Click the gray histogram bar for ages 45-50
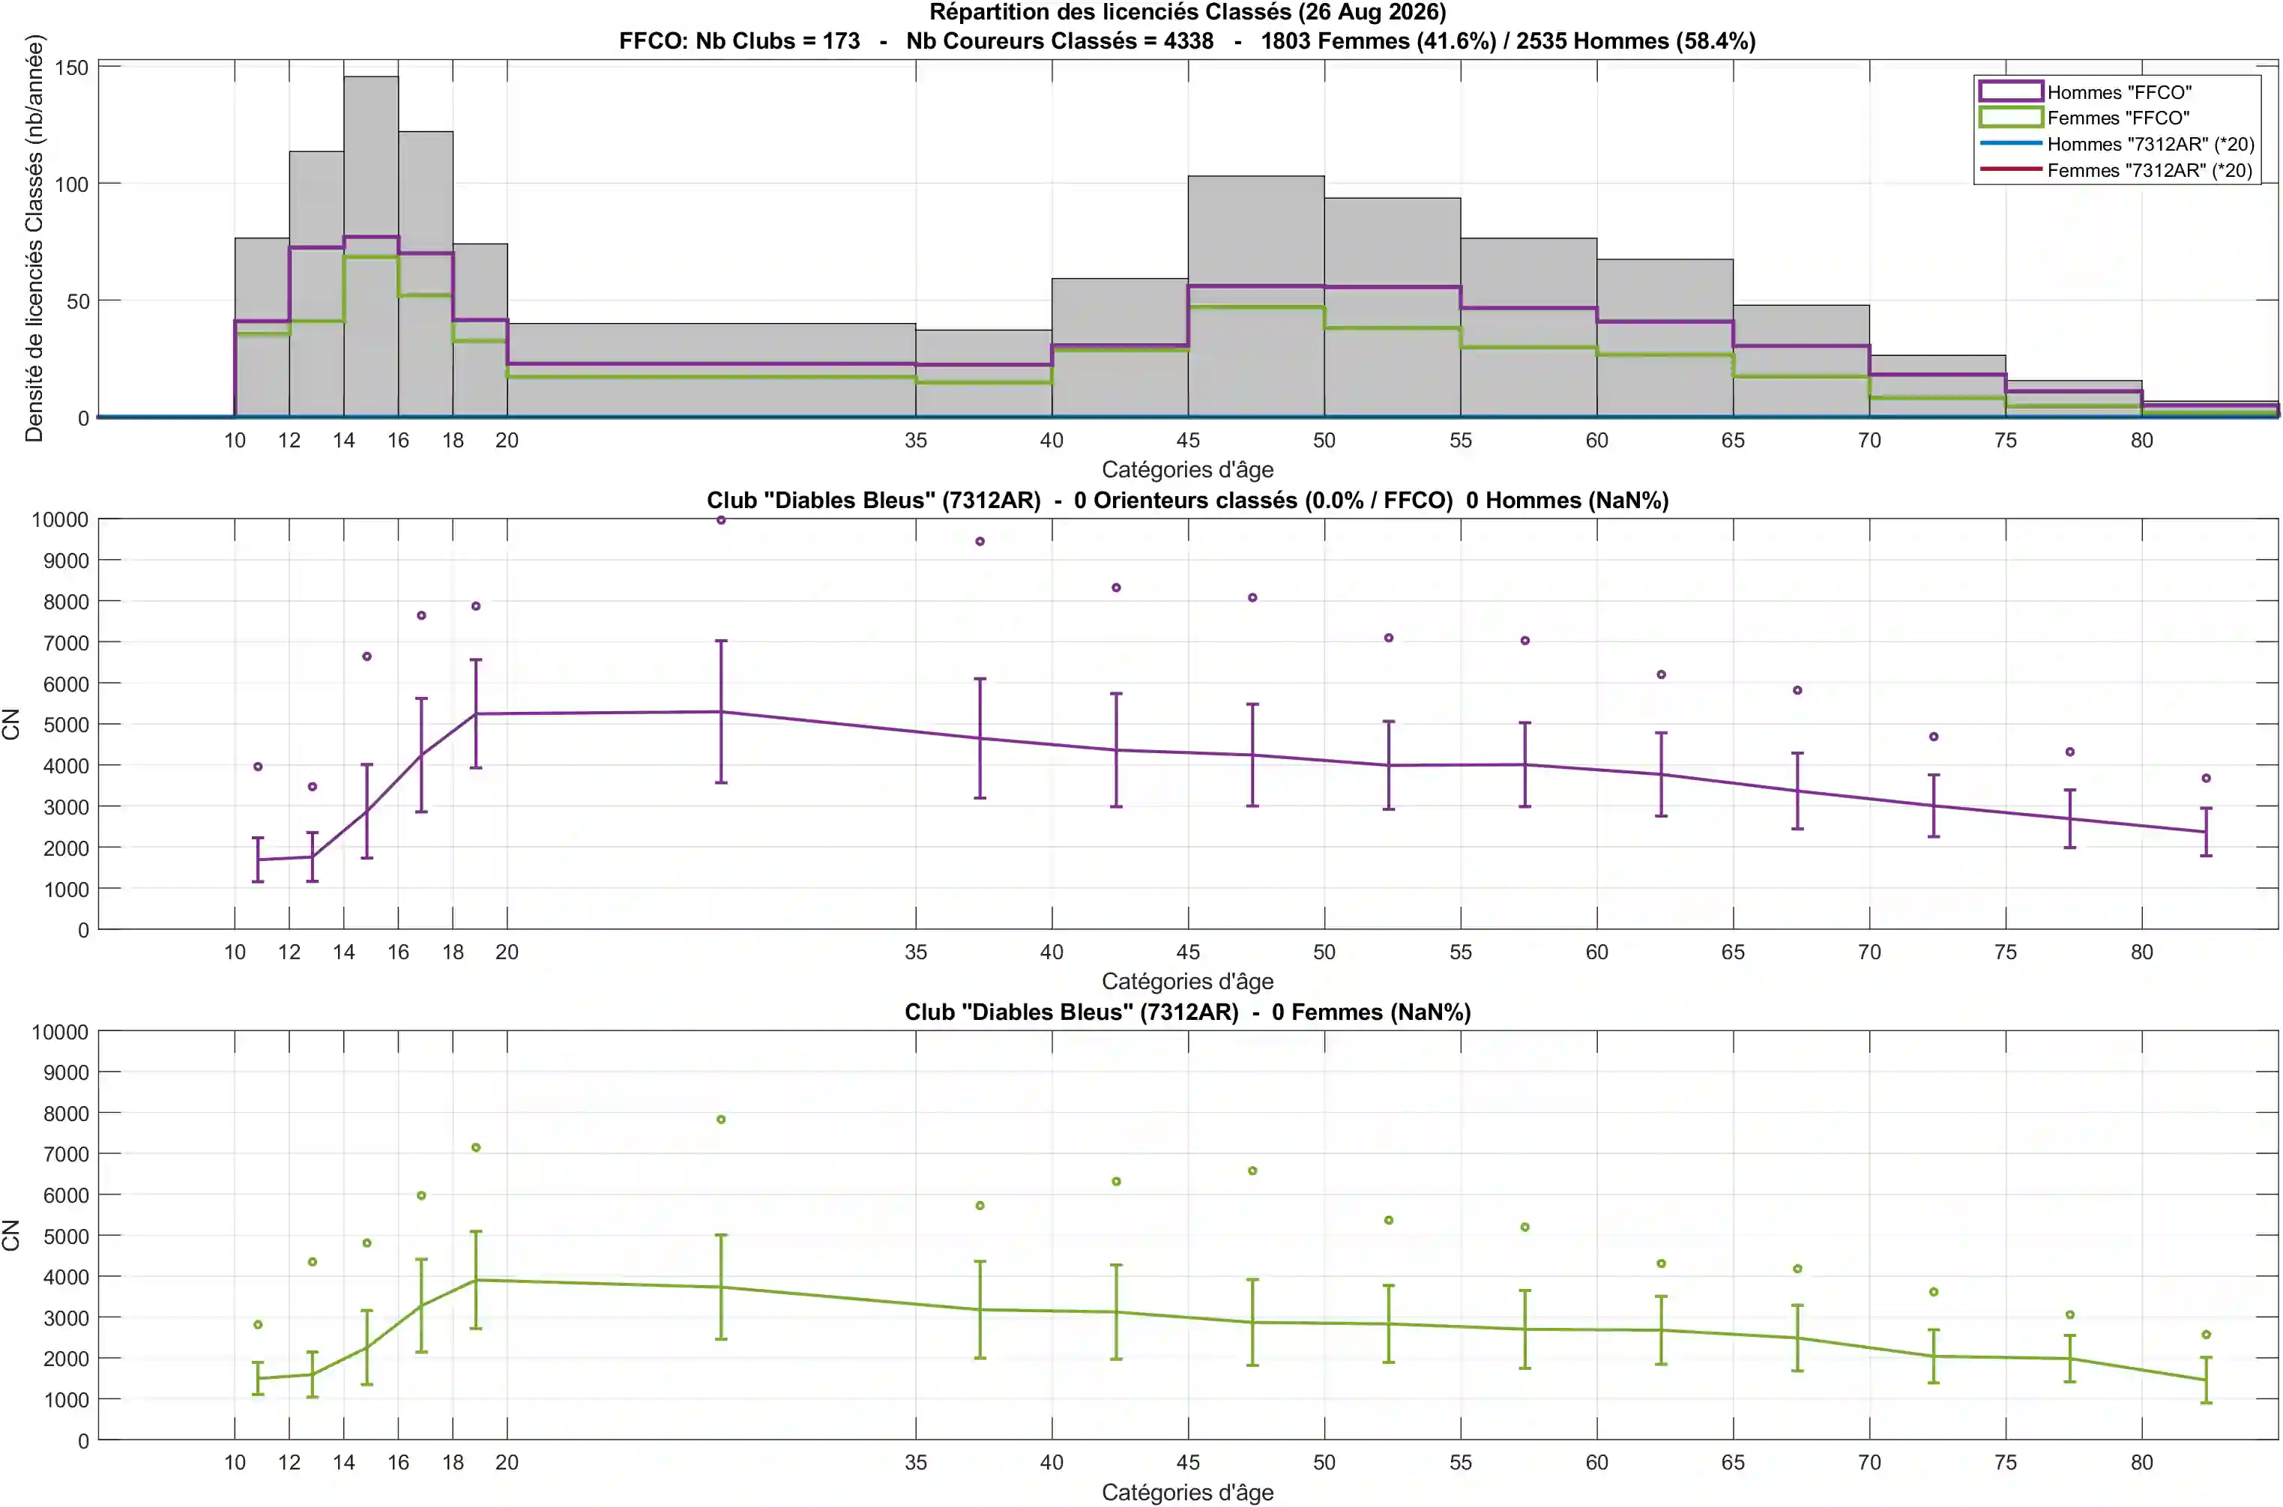tap(1255, 296)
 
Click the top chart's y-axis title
tap(34, 238)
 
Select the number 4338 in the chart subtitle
tap(1188, 41)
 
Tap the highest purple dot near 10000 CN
tap(721, 520)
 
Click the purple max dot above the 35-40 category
tap(980, 541)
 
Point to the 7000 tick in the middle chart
tap(65, 642)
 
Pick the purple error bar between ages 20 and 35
tap(721, 711)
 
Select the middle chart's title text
tap(1187, 500)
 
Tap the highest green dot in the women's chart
tap(721, 1120)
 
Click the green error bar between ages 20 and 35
tap(721, 1287)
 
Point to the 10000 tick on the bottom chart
tap(60, 1032)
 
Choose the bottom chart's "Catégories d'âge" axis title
tap(1187, 1493)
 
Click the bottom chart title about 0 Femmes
tap(1187, 1012)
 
